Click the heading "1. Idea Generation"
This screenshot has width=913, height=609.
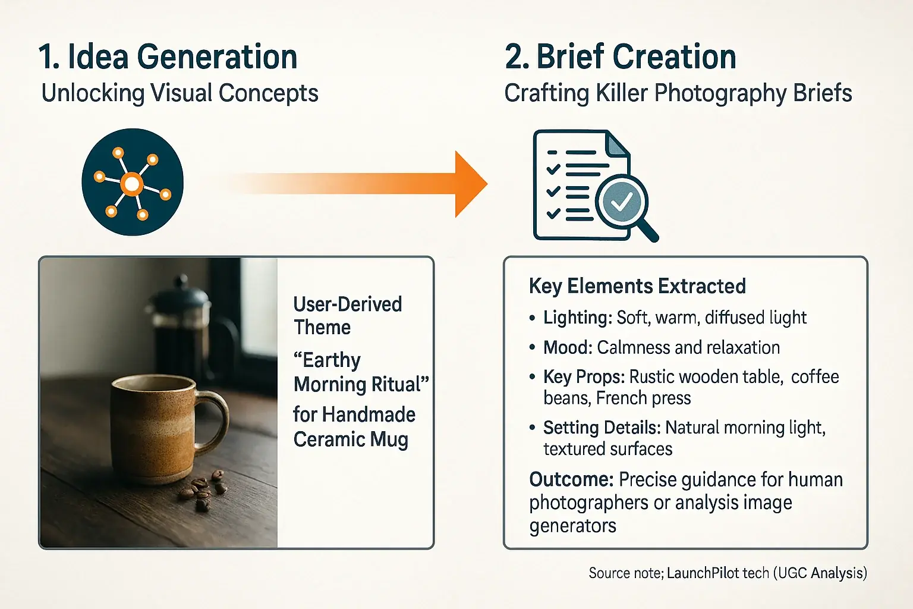click(168, 57)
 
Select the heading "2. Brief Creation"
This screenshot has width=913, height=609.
click(620, 57)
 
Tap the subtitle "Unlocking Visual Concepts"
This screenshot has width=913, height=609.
click(180, 93)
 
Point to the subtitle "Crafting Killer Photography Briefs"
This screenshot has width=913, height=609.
click(678, 93)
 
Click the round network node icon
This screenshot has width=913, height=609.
click(133, 183)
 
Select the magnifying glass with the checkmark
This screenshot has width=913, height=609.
click(622, 203)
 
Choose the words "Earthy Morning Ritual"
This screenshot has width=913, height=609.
click(360, 372)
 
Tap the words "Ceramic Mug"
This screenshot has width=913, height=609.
click(351, 440)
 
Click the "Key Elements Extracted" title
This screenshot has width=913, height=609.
click(637, 286)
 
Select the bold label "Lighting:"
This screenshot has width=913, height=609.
click(577, 318)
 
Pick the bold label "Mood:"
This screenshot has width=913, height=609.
click(568, 347)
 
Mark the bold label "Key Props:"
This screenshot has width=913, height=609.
click(584, 377)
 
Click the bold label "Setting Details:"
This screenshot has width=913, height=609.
click(602, 428)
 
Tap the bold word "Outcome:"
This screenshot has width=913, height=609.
click(571, 479)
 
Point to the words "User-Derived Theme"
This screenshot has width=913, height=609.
click(347, 316)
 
